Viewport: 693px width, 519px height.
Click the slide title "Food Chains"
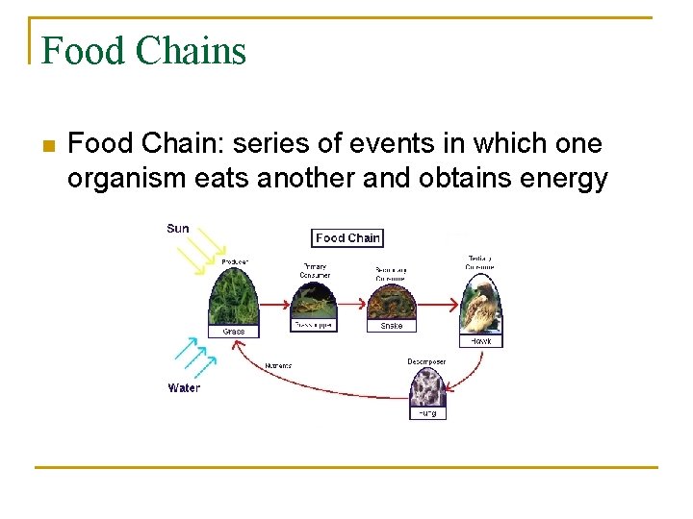coord(143,50)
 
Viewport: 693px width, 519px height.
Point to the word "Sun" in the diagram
coord(178,229)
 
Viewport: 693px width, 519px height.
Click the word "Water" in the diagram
coord(184,388)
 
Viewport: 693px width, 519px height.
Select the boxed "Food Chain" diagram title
coord(347,237)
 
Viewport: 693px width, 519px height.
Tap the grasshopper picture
coord(314,303)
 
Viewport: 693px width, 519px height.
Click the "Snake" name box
coord(391,326)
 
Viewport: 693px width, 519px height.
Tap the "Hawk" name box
coord(480,341)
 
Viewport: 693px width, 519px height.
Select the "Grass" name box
coord(234,332)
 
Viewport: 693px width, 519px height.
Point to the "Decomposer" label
coord(426,362)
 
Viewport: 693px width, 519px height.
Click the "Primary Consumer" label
coord(315,270)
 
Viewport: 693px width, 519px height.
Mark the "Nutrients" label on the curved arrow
coord(278,365)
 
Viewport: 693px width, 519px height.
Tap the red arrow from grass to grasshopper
coord(275,304)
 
